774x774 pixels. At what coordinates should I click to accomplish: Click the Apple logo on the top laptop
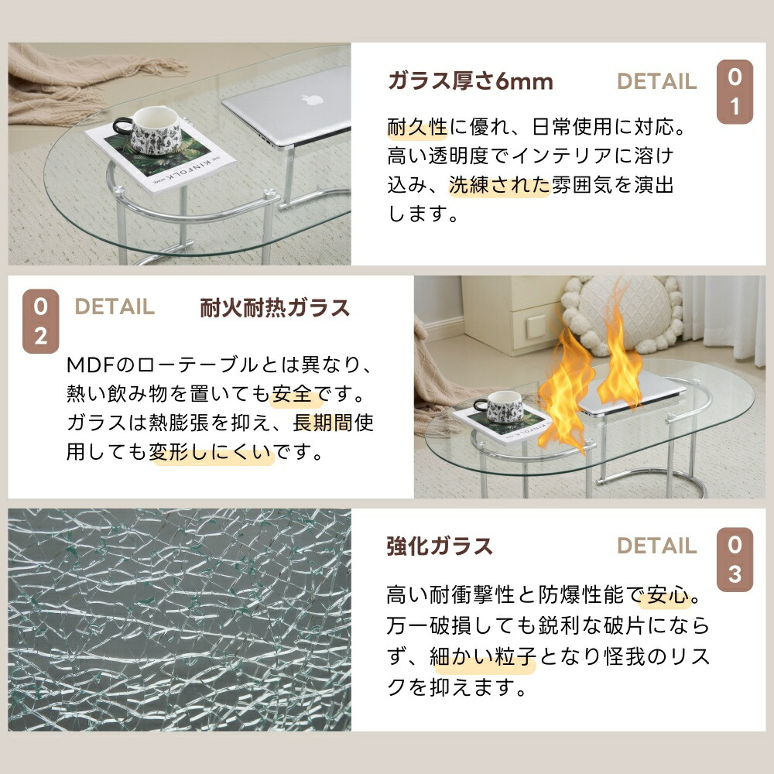(x=312, y=99)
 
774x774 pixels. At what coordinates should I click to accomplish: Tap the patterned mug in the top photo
(x=149, y=131)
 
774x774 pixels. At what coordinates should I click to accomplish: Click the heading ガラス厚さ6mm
(x=470, y=81)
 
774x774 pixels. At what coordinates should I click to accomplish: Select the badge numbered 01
(x=735, y=92)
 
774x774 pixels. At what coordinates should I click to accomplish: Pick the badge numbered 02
(x=40, y=321)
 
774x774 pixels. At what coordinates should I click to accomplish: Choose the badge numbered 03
(x=735, y=560)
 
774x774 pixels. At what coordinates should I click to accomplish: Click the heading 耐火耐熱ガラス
(x=275, y=307)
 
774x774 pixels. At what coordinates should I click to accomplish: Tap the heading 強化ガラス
(x=440, y=546)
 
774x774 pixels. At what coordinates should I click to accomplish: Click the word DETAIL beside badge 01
(x=656, y=81)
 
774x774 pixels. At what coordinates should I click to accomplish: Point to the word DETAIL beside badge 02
(x=115, y=307)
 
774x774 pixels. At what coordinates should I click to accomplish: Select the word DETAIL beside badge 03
(x=656, y=546)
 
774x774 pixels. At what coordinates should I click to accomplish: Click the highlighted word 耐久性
(x=417, y=128)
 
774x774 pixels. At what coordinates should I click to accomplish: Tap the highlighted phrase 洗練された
(x=499, y=185)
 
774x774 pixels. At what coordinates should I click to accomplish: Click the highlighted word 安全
(x=292, y=395)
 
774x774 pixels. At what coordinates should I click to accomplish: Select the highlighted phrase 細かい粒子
(x=483, y=657)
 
